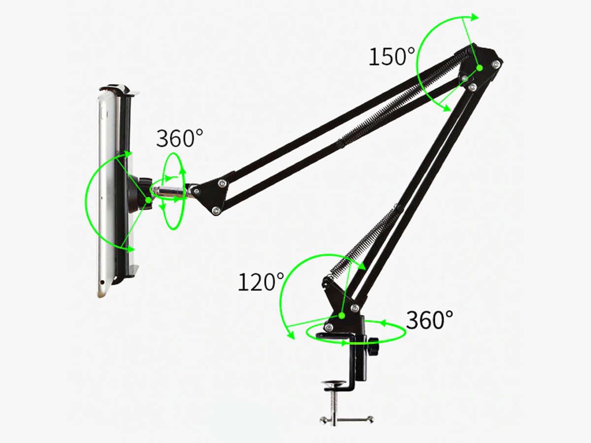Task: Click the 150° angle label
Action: click(392, 57)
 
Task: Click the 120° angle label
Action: click(261, 282)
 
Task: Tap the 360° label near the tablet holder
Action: click(180, 138)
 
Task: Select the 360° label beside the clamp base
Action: click(429, 320)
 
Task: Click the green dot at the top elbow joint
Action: click(480, 68)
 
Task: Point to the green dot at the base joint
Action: click(342, 316)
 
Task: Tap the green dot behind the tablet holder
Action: click(149, 200)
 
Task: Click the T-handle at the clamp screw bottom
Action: click(346, 419)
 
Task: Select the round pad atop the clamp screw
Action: click(335, 383)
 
